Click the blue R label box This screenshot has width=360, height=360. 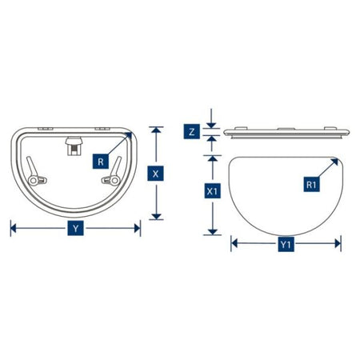click(101, 162)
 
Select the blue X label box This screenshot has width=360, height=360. click(155, 174)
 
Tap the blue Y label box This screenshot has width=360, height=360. click(76, 228)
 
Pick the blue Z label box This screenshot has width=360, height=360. click(191, 132)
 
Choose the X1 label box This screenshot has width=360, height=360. click(212, 191)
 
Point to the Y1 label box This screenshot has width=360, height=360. click(286, 244)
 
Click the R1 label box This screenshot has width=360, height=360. click(311, 185)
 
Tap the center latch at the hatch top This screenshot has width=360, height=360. click(74, 146)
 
